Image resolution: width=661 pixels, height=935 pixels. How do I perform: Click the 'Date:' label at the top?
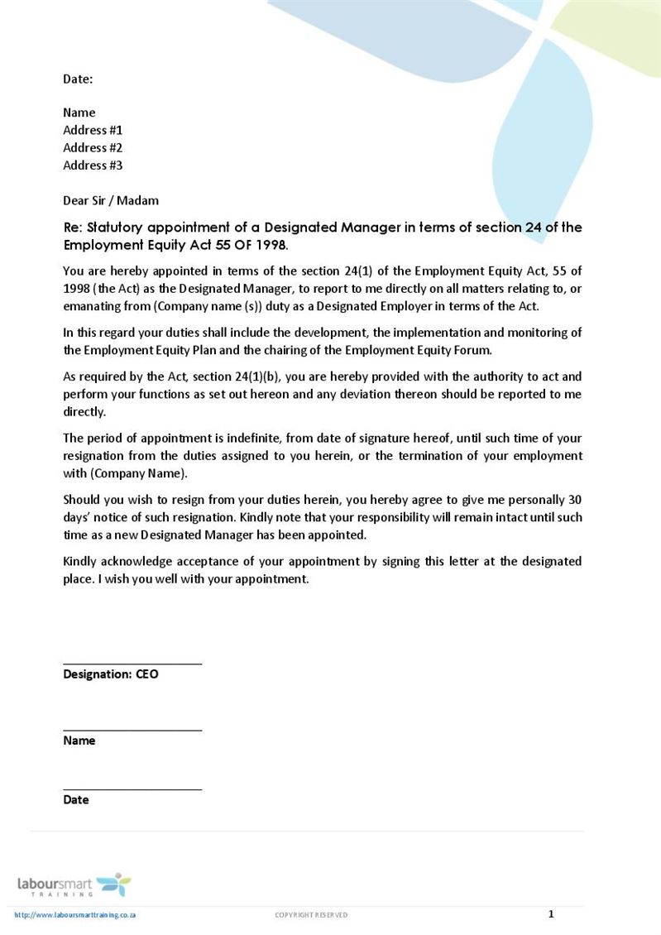tap(78, 79)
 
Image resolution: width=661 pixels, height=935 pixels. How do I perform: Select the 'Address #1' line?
tap(93, 130)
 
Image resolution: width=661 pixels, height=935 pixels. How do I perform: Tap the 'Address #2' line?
tap(93, 147)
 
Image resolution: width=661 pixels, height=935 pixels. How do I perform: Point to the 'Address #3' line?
tap(93, 165)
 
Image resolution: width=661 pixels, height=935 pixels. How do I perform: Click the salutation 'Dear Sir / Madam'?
tap(111, 200)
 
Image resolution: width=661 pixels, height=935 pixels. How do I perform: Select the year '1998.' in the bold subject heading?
tap(270, 246)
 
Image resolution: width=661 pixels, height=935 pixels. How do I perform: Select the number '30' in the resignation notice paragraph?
tap(574, 500)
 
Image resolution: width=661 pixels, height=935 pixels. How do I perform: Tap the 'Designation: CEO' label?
tap(111, 674)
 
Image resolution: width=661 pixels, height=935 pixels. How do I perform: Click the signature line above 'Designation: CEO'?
tap(132, 664)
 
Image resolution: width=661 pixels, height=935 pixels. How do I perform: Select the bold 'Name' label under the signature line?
tap(79, 741)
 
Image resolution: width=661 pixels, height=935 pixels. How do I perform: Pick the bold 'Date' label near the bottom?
tap(76, 800)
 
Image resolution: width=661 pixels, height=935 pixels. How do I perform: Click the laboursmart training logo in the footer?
tap(74, 885)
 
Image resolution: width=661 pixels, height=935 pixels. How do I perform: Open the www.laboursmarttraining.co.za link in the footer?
tap(75, 915)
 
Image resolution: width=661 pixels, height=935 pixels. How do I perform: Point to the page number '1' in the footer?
tap(551, 914)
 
